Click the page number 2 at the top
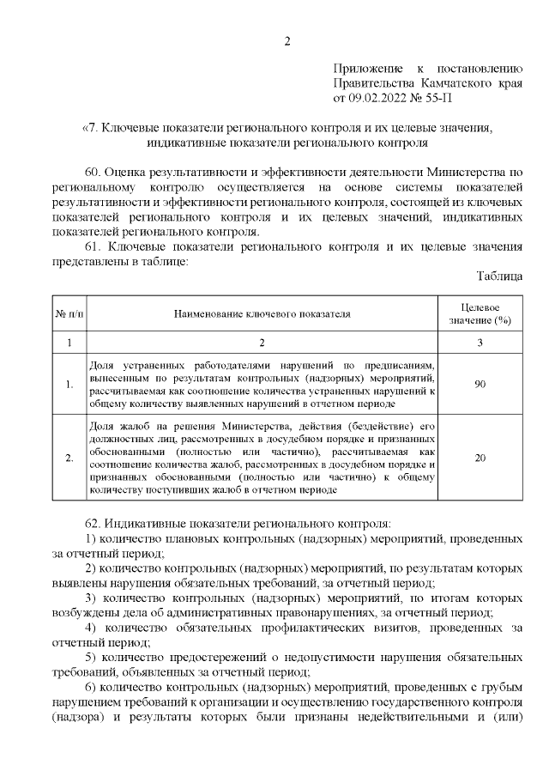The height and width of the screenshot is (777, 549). point(288,40)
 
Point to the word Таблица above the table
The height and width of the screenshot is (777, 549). point(498,276)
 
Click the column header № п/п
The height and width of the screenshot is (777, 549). point(69,314)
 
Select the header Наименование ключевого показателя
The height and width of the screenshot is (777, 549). point(262,314)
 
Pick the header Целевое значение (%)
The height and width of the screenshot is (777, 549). point(480,314)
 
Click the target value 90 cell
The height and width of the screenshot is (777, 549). point(480,384)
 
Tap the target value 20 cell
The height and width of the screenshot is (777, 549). point(480,458)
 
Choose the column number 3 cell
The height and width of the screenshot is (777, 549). point(480,343)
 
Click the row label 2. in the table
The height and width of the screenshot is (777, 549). point(69,458)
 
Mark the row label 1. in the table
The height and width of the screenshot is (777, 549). point(69,384)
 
